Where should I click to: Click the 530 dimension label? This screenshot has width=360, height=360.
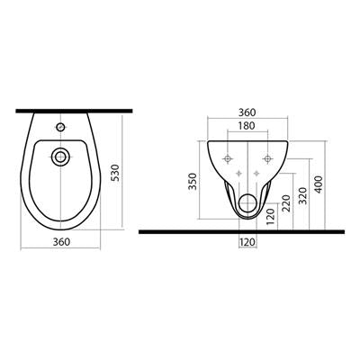pos(117,173)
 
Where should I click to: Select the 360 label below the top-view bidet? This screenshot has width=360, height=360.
pos(61,242)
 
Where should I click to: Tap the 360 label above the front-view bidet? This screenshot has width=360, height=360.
pos(247,112)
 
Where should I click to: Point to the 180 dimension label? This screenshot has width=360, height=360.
pos(247,126)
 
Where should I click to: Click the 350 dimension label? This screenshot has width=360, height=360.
pos(193,181)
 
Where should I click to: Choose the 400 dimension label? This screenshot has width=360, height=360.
pos(319,184)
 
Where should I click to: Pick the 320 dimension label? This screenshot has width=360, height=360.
pos(303,195)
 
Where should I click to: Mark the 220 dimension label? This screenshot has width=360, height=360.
pos(286,203)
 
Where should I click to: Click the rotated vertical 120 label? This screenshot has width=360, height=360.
pos(270,217)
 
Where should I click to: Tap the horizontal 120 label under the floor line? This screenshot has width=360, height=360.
pos(247,241)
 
